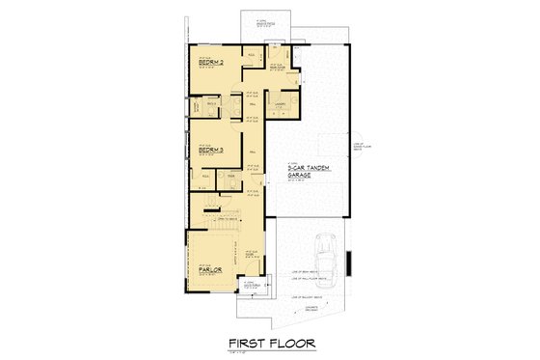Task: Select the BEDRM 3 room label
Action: pyautogui.click(x=210, y=151)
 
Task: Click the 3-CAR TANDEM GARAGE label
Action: pyautogui.click(x=308, y=172)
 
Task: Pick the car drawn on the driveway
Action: pyautogui.click(x=326, y=259)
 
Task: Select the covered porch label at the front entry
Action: pyautogui.click(x=251, y=286)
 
